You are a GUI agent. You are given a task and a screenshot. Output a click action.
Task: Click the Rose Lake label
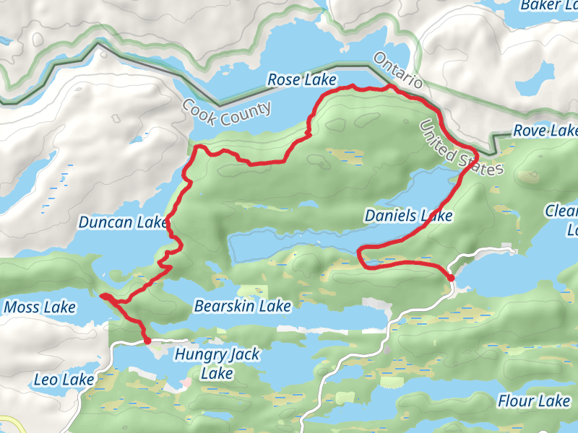[x=302, y=79]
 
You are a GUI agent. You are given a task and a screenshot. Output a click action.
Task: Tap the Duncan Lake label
[x=123, y=222]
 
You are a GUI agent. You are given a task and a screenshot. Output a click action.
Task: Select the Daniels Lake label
[x=408, y=216]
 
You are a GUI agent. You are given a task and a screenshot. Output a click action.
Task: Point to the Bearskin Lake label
[x=242, y=307]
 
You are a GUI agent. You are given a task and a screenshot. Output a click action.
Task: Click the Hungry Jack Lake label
[x=217, y=364]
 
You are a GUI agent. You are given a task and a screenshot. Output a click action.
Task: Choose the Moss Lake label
[x=40, y=308]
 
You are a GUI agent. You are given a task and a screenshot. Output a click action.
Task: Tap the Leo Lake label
[x=64, y=380]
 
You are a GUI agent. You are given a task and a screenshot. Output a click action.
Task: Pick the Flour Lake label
[x=534, y=401]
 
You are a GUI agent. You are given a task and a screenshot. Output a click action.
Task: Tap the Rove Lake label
[x=545, y=131]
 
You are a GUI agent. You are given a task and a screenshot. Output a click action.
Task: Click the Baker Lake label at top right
[x=550, y=6]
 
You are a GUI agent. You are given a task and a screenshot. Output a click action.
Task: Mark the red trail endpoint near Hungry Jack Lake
[x=147, y=340]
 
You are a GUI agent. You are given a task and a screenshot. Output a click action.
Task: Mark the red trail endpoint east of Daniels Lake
[x=451, y=277]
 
